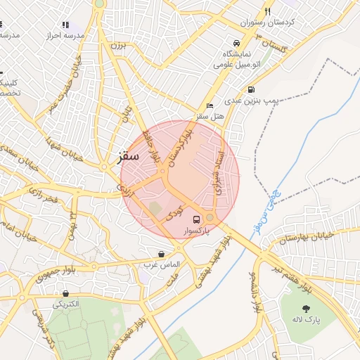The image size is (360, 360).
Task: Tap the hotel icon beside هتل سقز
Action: pyautogui.click(x=210, y=105)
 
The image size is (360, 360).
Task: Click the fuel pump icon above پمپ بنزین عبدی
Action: pyautogui.click(x=252, y=90)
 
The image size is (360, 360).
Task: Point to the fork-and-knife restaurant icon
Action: pyautogui.click(x=267, y=11)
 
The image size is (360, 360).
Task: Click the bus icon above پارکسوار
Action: pyautogui.click(x=196, y=219)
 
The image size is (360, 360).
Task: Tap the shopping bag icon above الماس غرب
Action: pyautogui.click(x=162, y=254)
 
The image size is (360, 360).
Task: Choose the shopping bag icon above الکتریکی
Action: pyautogui.click(x=65, y=294)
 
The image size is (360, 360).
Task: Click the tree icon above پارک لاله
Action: pyautogui.click(x=306, y=309)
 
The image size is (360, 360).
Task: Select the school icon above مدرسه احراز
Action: pyautogui.click(x=66, y=25)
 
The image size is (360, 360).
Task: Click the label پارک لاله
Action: pyautogui.click(x=306, y=320)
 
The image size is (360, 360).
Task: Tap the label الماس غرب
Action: pyautogui.click(x=162, y=265)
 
